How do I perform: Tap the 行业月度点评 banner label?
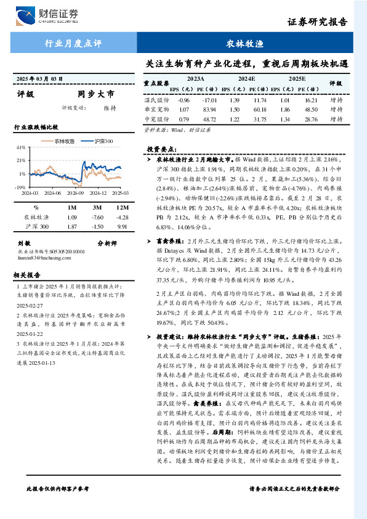[x=73, y=43]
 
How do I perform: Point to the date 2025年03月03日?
[x=40, y=79]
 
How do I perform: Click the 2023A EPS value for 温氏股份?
[x=183, y=99]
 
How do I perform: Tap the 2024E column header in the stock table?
[x=246, y=79]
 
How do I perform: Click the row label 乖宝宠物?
[x=156, y=109]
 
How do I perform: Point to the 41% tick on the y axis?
[x=21, y=148]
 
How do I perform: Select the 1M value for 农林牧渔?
[x=71, y=217]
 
